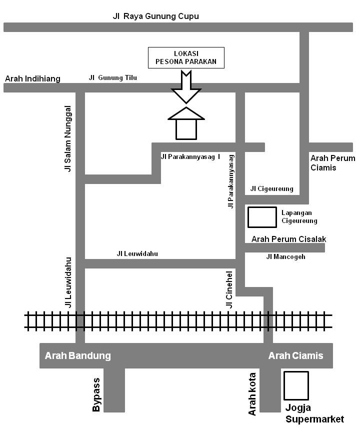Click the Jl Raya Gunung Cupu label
point(156,16)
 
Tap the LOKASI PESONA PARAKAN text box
point(186,57)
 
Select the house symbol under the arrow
point(186,123)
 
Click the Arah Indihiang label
point(32,78)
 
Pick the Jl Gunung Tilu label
point(113,77)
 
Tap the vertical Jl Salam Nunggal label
point(68,138)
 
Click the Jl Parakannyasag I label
point(190,156)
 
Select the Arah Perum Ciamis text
point(332,162)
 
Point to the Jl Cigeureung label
point(271,188)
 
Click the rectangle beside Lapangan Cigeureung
point(262,217)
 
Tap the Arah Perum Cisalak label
point(288,239)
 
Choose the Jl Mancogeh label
point(285,256)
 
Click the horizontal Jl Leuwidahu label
point(137,253)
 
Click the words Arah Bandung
point(77,356)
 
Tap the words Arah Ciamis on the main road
point(295,356)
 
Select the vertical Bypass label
point(96,394)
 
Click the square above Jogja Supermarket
point(296,385)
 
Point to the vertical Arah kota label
point(252,393)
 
